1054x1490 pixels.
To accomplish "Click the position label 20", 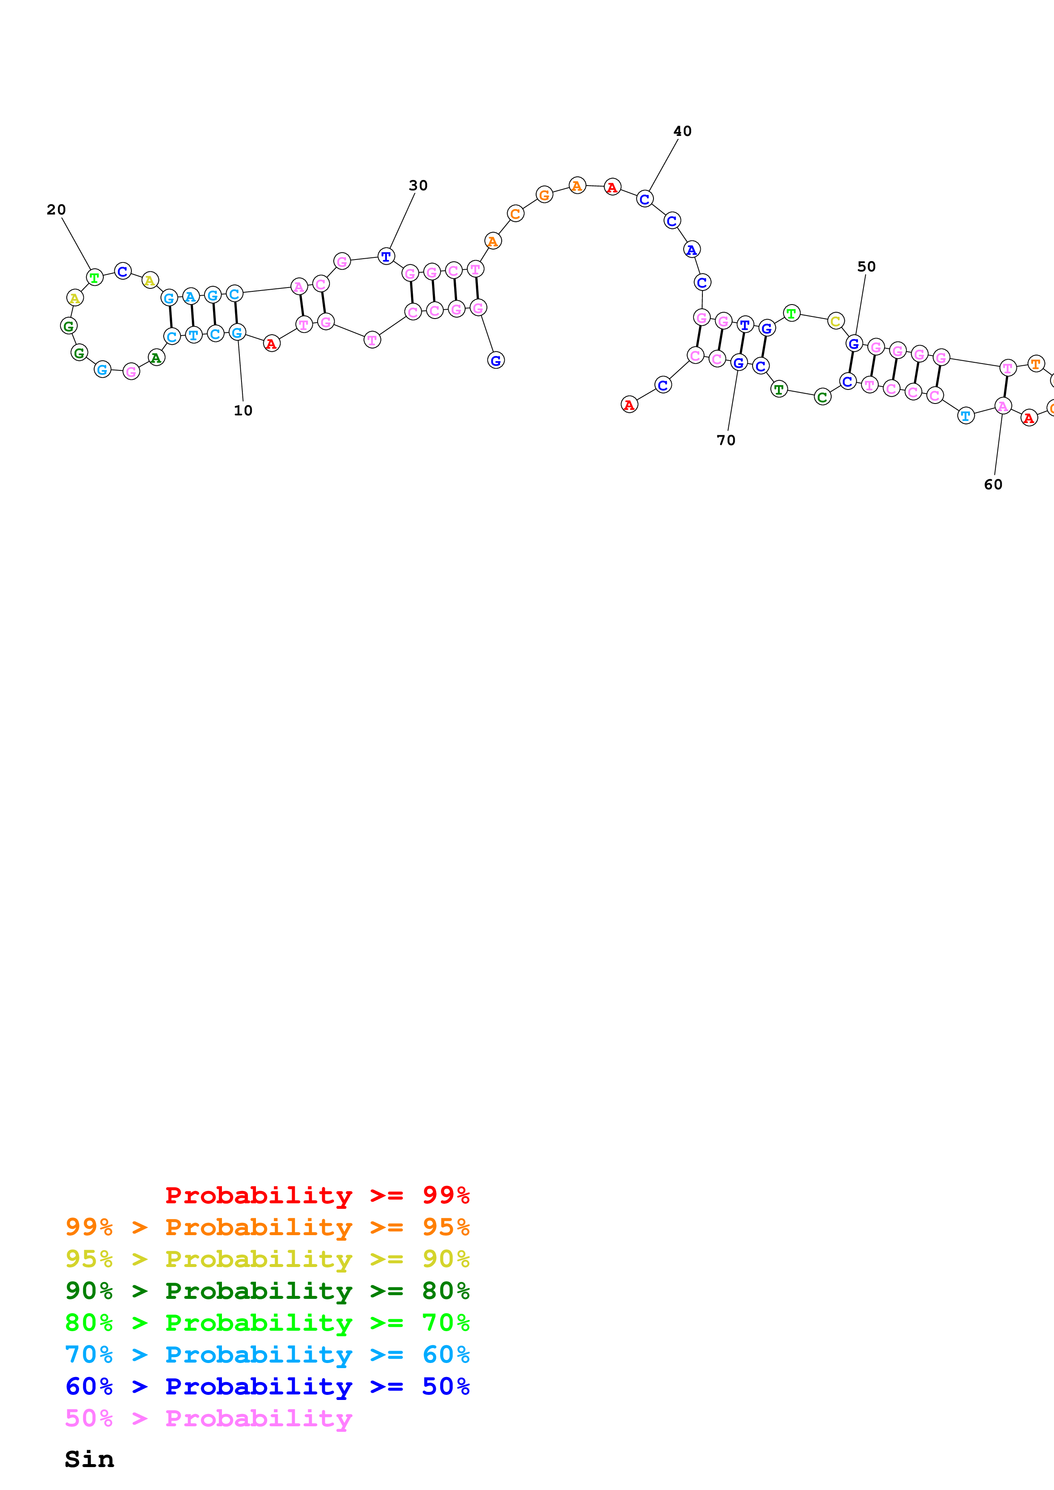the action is pyautogui.click(x=57, y=210).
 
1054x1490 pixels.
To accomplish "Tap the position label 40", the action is pyautogui.click(x=682, y=131).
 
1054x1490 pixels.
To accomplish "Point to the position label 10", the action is pyautogui.click(x=243, y=410).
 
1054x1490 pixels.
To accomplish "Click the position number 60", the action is pyautogui.click(x=992, y=484).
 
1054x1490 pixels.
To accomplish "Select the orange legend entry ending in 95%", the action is pyautogui.click(x=267, y=1227).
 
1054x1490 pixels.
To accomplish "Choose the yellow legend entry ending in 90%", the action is pyautogui.click(x=267, y=1259).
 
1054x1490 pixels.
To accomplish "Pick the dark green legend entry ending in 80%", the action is pyautogui.click(x=267, y=1291).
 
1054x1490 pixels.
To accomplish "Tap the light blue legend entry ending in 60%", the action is pyautogui.click(x=267, y=1355).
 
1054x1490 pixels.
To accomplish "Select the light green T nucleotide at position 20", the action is pyautogui.click(x=95, y=278).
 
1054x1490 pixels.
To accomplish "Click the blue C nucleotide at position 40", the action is pyautogui.click(x=644, y=199).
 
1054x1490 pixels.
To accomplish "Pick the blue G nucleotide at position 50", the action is pyautogui.click(x=854, y=343).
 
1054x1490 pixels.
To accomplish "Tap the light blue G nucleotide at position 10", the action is pyautogui.click(x=237, y=332).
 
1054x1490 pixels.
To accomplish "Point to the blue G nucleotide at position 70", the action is pyautogui.click(x=739, y=363).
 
